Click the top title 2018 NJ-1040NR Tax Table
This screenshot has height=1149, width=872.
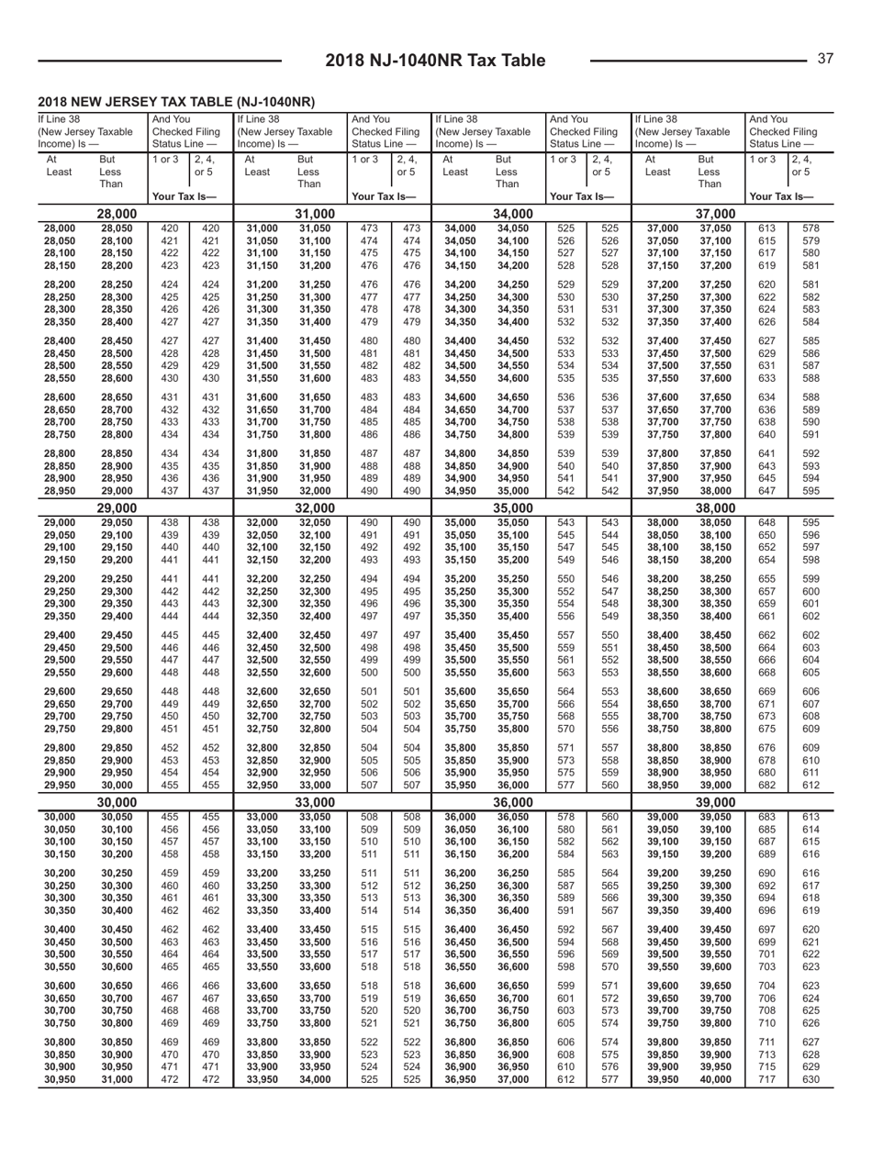click(x=435, y=61)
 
